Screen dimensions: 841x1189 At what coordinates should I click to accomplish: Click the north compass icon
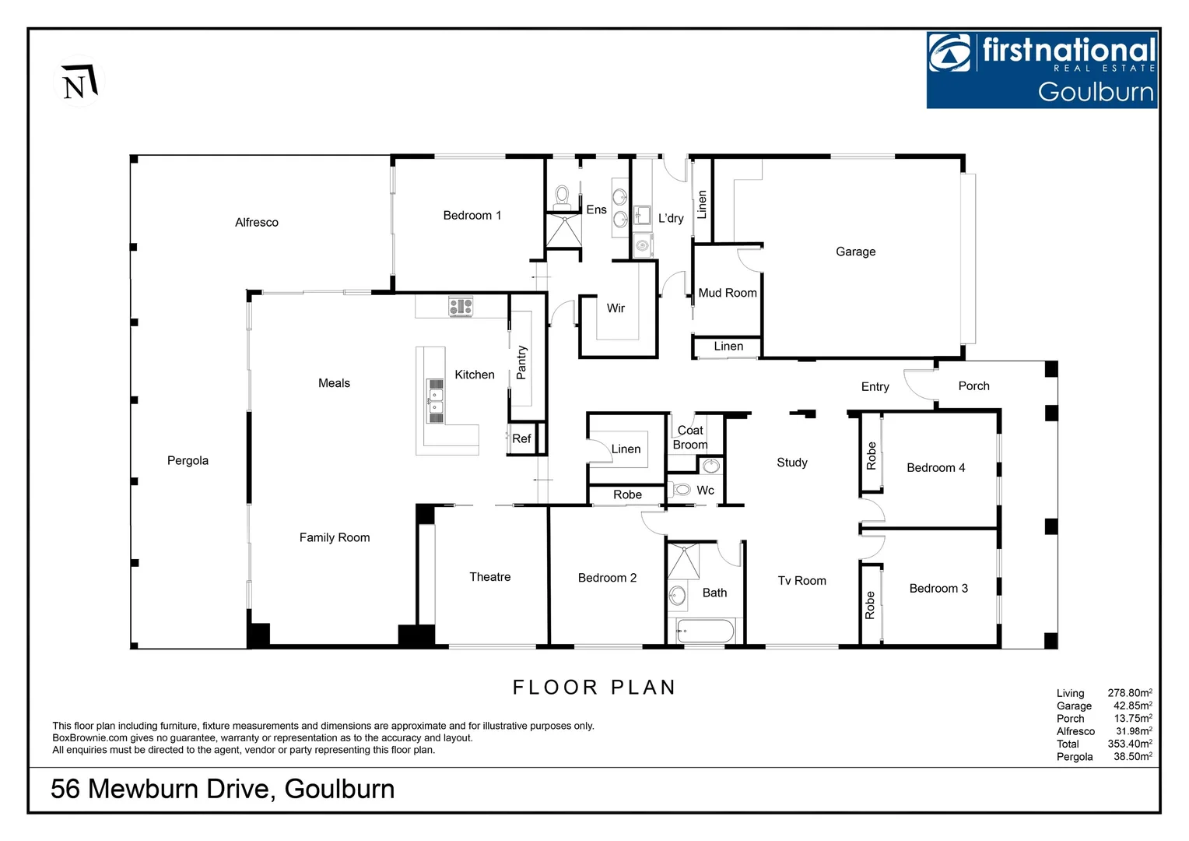tap(79, 82)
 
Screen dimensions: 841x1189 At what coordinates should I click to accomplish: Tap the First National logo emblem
tap(950, 54)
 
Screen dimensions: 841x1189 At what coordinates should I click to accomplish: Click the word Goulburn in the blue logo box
tap(1096, 92)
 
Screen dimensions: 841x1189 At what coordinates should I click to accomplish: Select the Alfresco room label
tap(256, 223)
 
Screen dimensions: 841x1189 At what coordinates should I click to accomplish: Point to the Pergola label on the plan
tap(188, 461)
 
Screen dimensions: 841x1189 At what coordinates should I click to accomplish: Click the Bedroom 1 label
tap(472, 216)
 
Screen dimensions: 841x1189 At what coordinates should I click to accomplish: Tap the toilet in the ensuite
tap(562, 196)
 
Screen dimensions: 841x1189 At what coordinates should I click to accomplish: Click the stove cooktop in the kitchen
tap(460, 307)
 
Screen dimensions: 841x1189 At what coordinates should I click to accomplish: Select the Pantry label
tap(521, 362)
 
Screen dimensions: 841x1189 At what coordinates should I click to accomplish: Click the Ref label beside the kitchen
tap(521, 439)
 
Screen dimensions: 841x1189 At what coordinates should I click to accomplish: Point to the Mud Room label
tap(727, 294)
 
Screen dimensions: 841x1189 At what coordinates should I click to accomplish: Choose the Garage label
tap(855, 252)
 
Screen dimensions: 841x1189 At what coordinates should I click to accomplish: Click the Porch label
tap(973, 386)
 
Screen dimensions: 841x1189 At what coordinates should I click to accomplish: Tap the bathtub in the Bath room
tap(704, 631)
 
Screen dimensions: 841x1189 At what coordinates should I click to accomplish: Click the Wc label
tap(705, 491)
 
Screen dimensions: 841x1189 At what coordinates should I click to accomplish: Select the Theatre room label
tap(489, 577)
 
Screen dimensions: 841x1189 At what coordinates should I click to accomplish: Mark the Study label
tap(791, 463)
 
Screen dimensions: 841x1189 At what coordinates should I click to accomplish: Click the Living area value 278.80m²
tap(1129, 693)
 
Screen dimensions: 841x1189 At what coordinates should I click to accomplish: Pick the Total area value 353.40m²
tap(1129, 744)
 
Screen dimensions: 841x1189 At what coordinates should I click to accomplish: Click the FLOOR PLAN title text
tap(594, 688)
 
